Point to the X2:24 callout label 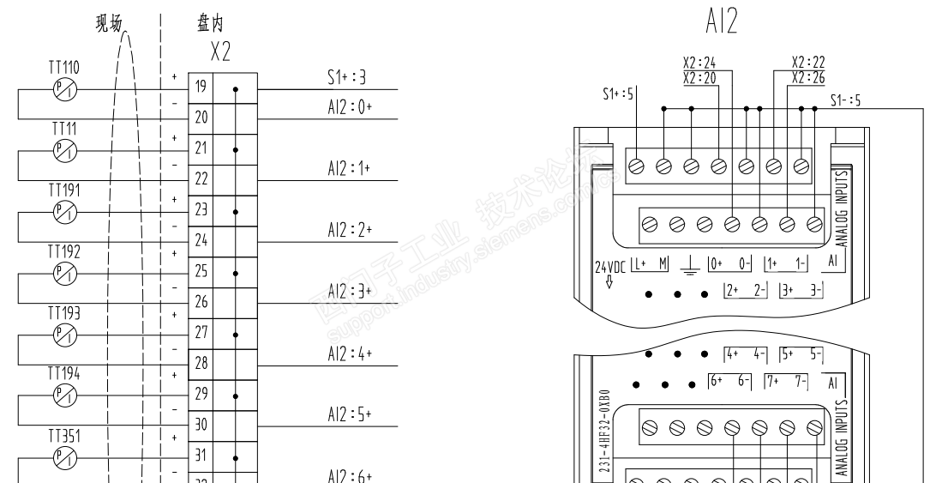pos(699,62)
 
